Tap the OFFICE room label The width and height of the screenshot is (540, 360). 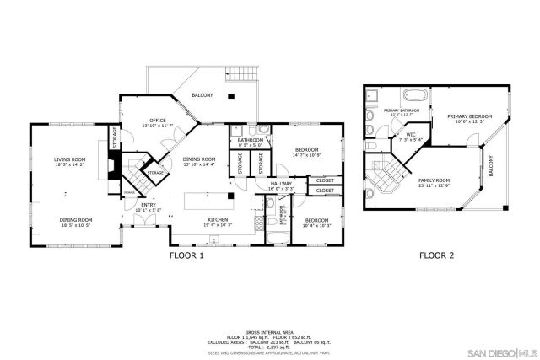coord(157,121)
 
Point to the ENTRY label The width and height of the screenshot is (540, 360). coord(148,205)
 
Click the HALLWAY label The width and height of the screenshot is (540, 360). coord(279,185)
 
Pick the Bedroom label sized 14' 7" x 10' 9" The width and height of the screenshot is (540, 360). coord(307,153)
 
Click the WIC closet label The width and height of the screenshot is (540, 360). coord(411,136)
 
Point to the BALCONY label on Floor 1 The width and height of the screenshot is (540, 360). coord(202,95)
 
